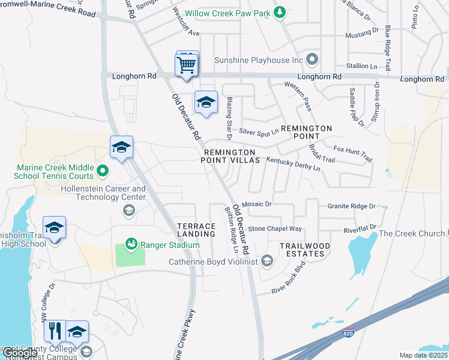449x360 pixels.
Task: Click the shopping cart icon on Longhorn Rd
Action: tap(187, 64)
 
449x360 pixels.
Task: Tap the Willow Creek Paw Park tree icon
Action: tap(279, 13)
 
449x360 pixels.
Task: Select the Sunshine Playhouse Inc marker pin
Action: tap(312, 59)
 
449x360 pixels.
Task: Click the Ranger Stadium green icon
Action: tap(130, 244)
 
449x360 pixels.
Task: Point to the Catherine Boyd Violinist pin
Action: tap(268, 261)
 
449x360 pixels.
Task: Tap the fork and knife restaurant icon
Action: tap(55, 331)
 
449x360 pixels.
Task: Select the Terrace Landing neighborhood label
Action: tap(196, 230)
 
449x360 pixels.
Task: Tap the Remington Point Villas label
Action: tap(231, 157)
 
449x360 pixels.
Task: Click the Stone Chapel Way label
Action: tap(275, 229)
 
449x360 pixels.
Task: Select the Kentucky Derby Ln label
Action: tap(294, 164)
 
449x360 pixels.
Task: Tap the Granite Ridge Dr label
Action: tap(351, 206)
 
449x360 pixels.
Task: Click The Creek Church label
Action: tap(412, 234)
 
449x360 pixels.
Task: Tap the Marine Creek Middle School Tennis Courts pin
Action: tap(102, 172)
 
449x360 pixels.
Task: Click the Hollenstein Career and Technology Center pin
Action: tap(128, 209)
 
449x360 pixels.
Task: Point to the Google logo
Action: tap(19, 353)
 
